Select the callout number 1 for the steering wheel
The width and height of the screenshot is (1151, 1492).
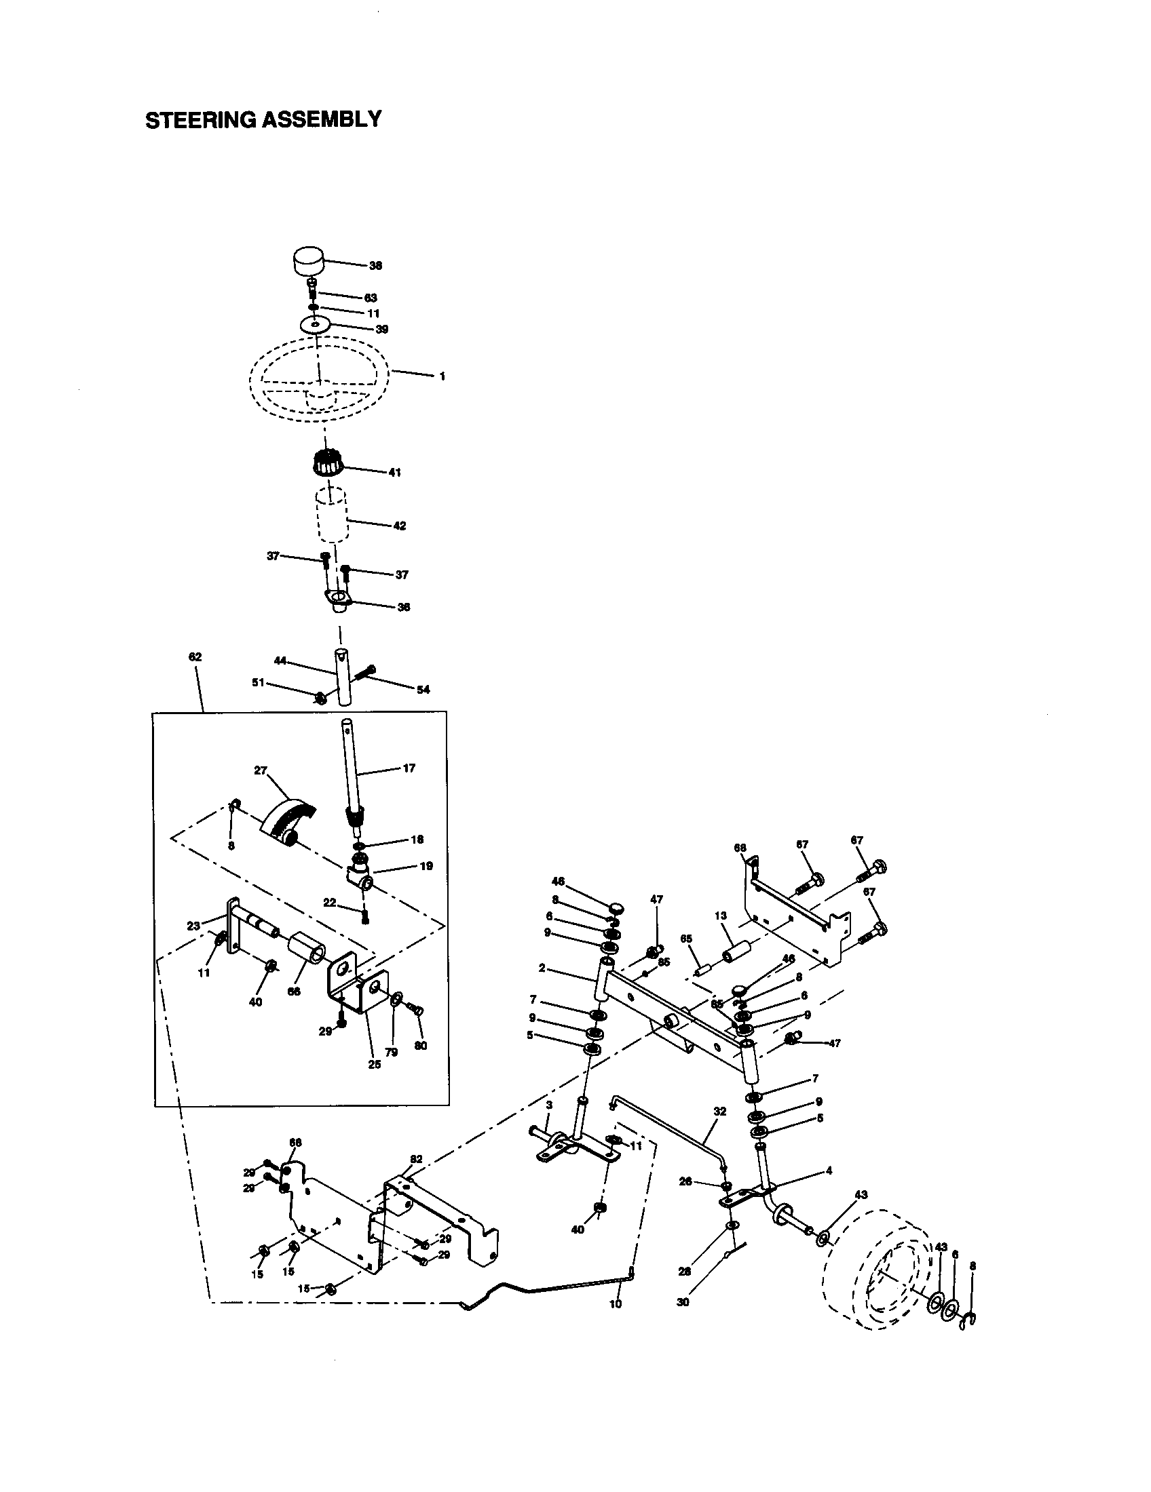pos(442,376)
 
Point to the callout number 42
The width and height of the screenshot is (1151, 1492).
pos(400,526)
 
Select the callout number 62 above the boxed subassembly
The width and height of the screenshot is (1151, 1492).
pos(195,657)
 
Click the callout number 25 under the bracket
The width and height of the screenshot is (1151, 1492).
pos(375,1064)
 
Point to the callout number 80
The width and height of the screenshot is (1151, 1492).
pos(421,1046)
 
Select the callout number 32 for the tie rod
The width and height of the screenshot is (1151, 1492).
pos(720,1112)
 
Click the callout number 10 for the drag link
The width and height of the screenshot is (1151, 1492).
pos(615,1303)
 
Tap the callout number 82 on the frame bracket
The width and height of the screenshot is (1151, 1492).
pos(416,1158)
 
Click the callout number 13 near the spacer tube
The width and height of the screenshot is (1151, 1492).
pos(721,916)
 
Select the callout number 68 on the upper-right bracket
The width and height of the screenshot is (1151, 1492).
pos(740,848)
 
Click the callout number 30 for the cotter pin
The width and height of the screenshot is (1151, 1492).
pos(683,1302)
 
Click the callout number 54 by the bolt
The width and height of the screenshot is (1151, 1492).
pos(423,690)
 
